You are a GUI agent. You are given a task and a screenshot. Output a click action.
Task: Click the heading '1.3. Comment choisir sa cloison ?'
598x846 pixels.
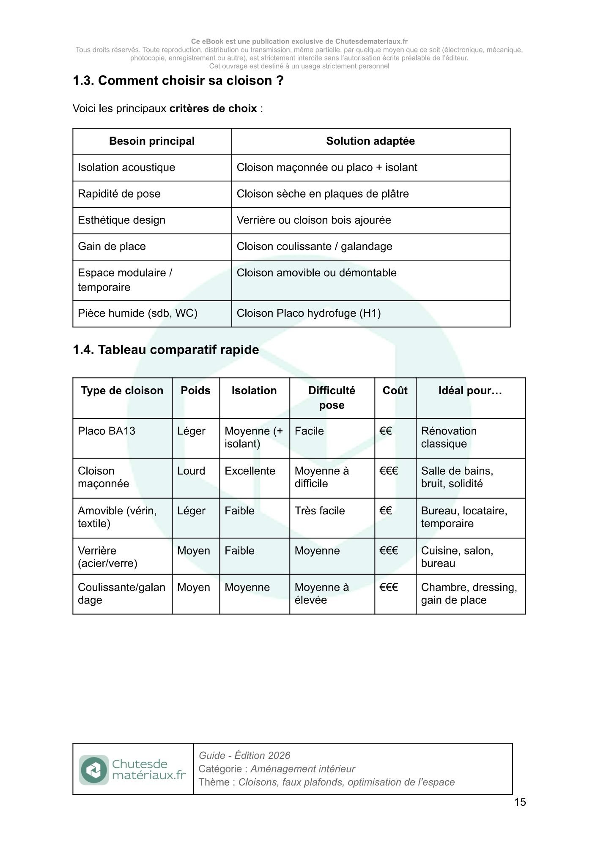[x=178, y=80]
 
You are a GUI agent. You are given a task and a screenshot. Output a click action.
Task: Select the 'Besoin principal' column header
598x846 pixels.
[x=152, y=141]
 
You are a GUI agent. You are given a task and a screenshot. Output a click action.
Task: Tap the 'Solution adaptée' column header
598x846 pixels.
[x=370, y=141]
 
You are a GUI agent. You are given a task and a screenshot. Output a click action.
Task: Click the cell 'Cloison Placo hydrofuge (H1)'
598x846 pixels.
[x=309, y=313]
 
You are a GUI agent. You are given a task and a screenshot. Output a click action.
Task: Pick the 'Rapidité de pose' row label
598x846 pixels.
[x=119, y=194]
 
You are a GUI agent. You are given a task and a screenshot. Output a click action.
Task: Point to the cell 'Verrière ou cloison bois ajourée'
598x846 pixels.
[x=314, y=220]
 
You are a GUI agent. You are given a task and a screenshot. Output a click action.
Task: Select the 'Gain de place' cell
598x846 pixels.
[x=112, y=247]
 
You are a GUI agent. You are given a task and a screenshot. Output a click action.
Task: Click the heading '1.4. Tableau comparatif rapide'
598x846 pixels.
[x=166, y=350]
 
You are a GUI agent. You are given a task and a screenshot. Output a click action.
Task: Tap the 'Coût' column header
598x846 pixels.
[x=395, y=390]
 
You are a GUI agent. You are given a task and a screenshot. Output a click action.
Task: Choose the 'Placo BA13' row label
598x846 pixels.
[x=107, y=431]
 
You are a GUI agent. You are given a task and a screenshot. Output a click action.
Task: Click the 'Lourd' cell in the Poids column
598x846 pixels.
[x=191, y=471]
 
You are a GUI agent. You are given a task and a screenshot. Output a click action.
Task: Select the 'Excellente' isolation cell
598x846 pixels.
[x=250, y=471]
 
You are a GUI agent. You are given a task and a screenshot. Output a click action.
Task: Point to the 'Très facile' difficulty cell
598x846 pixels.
[x=320, y=511]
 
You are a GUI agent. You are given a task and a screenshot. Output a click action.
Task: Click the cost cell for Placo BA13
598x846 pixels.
[x=386, y=431]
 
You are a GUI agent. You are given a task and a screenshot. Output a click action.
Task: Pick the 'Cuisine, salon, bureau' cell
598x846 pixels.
[x=457, y=557]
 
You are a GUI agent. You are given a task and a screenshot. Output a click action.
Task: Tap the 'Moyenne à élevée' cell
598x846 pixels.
[x=321, y=593]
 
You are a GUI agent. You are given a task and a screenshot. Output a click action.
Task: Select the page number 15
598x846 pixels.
[x=520, y=802]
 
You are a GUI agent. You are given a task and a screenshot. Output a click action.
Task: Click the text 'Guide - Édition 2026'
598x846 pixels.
[x=244, y=755]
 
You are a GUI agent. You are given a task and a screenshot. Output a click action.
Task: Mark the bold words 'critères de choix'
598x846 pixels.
[x=213, y=109]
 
